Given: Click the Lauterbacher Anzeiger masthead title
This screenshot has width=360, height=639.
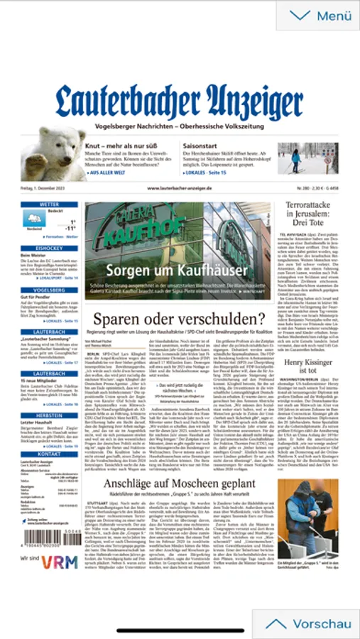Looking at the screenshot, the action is [180, 102].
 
